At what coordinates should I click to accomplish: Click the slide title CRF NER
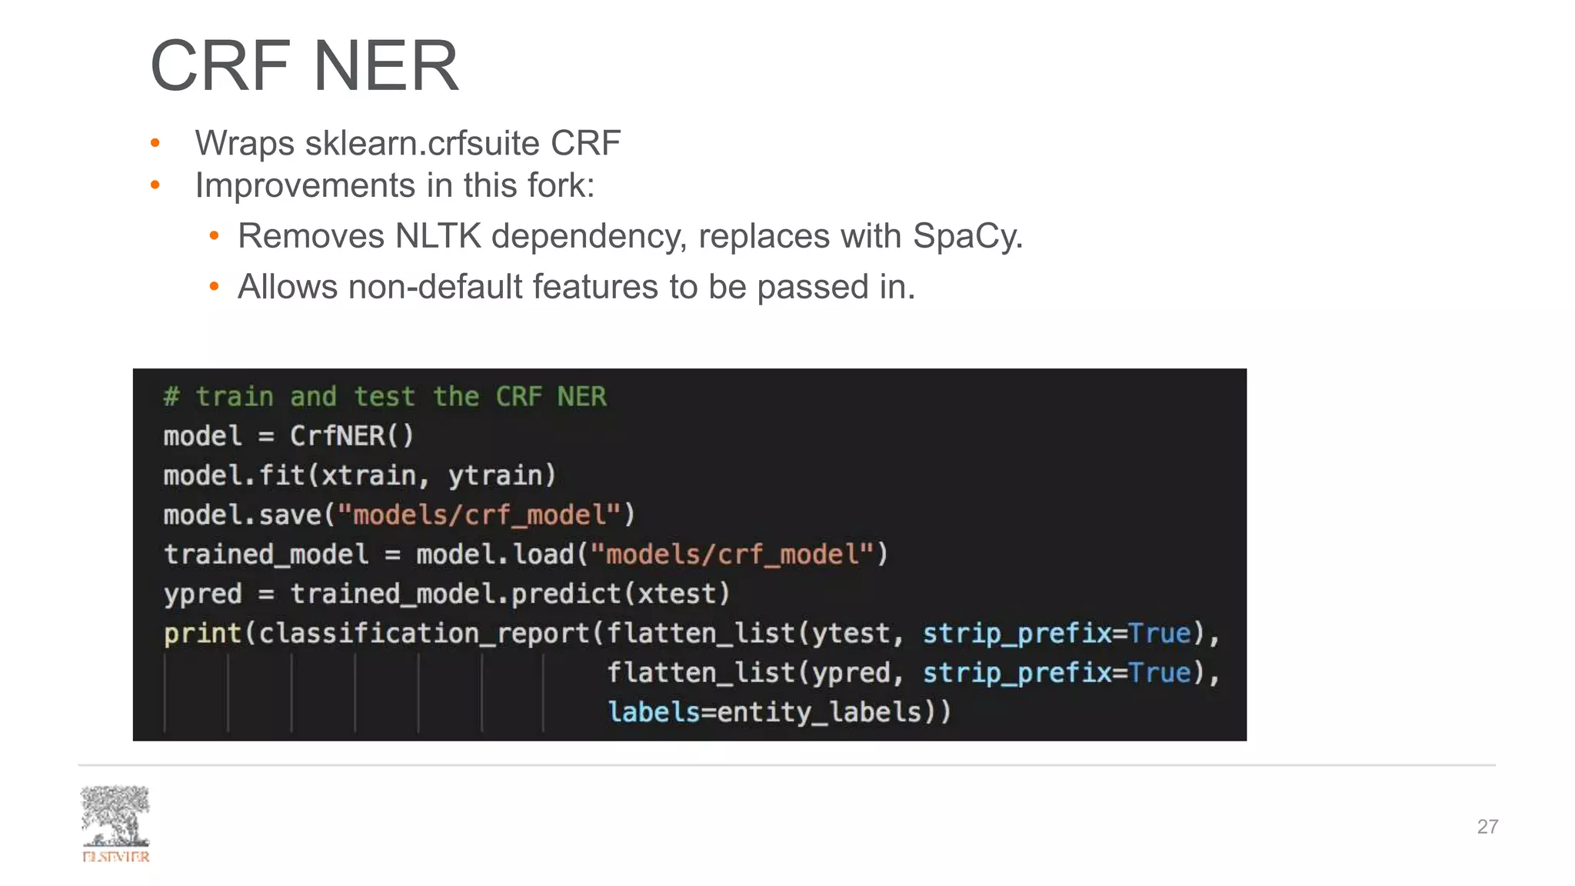305,66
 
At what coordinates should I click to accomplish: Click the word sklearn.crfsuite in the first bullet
422,144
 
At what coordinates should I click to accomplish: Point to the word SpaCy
967,236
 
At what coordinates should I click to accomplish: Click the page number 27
1487,827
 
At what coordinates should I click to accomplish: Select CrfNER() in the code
351,436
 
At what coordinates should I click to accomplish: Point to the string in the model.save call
480,515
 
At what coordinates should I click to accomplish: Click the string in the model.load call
733,555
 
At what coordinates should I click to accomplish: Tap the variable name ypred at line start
202,594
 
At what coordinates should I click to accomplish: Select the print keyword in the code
202,634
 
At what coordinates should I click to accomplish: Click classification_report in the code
424,634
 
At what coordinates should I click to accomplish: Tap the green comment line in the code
385,397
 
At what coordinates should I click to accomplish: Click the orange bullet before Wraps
155,143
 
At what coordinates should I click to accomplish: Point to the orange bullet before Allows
215,288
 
